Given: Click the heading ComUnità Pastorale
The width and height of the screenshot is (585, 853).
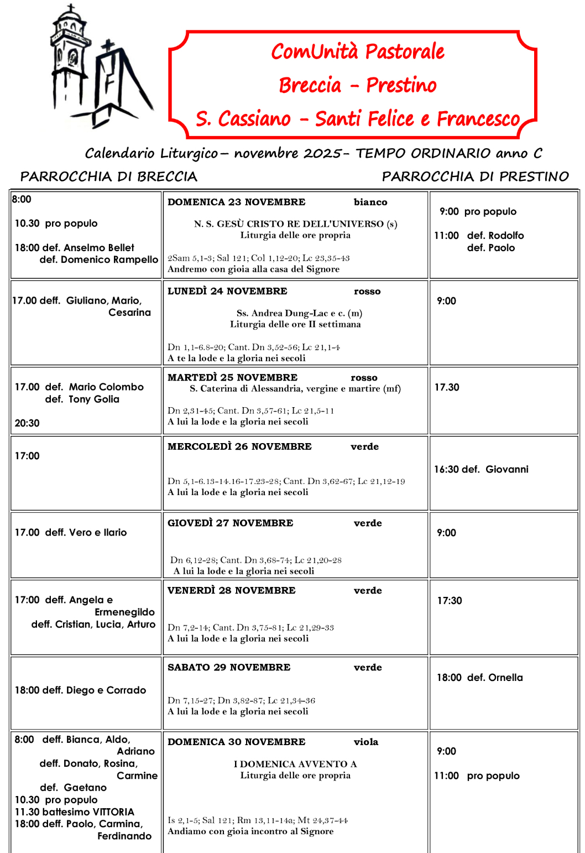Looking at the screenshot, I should pos(357,51).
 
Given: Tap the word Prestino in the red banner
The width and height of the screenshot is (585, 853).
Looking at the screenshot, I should pos(401,85).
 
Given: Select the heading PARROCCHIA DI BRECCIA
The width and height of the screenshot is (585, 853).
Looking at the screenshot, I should pos(108,176).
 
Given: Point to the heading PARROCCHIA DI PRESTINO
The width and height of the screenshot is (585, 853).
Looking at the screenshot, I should pos(475,176).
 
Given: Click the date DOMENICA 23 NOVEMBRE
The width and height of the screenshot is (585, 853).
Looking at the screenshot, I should pos(236,202).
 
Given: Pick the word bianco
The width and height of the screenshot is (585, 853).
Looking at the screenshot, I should pos(370,202).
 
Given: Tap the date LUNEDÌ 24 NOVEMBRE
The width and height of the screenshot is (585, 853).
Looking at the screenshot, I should pos(227,291).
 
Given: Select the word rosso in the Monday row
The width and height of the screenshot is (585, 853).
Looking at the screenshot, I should pos(367,292).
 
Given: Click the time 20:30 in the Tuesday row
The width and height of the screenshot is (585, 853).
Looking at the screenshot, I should pos(27,423).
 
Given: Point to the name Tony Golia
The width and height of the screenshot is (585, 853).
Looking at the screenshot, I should pos(93,399).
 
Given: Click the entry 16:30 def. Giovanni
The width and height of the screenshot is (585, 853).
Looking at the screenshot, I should pos(481,469).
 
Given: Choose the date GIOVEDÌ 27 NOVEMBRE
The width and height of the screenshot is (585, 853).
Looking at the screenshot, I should pos(230,523).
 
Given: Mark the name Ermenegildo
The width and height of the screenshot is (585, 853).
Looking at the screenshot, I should pos(124,612).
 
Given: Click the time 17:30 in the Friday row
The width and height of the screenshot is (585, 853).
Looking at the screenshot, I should pos(450,601).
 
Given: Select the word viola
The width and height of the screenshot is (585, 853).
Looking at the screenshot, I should pos(366,742).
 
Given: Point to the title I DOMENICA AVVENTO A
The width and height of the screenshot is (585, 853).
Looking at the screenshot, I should pos(295,764).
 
